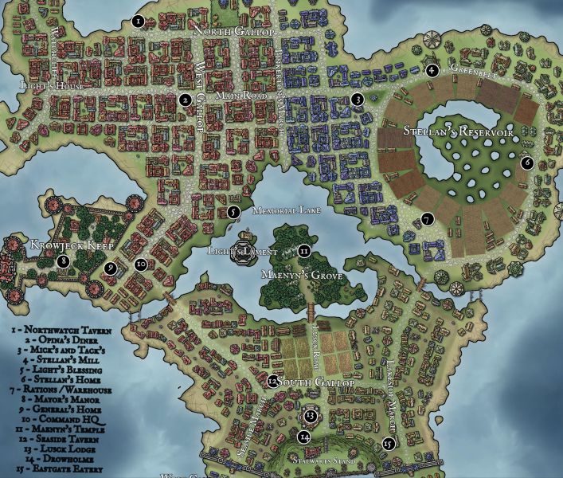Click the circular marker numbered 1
[x=139, y=22]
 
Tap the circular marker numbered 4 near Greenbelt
[x=432, y=70]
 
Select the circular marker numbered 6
[x=526, y=163]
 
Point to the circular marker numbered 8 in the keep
[x=63, y=260]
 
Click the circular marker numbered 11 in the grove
[x=303, y=251]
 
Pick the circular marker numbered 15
[x=388, y=444]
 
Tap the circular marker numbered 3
[x=358, y=100]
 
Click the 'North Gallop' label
[x=234, y=31]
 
